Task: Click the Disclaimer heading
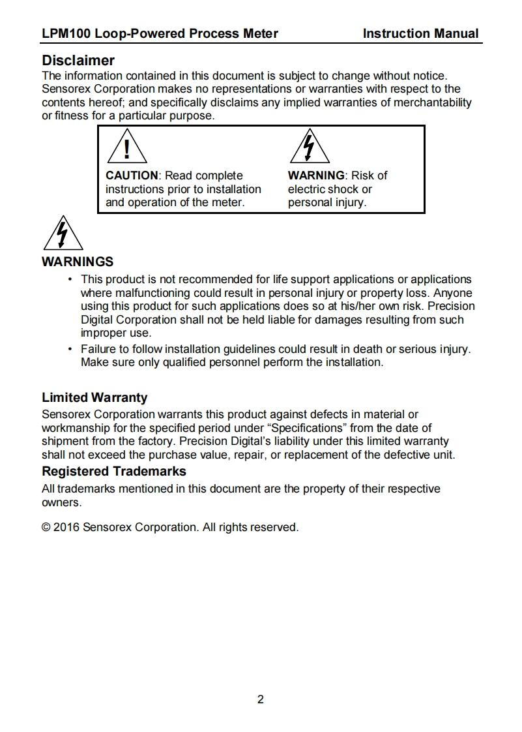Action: pos(78,61)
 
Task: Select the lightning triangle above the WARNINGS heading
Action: pos(63,234)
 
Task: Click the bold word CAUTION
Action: pos(132,175)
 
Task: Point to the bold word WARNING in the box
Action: pos(316,175)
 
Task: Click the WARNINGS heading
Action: pos(78,262)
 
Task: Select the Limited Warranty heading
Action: pos(94,397)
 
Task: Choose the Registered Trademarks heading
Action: pos(114,471)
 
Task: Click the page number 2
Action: pos(261,700)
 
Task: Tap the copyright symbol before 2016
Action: pos(46,527)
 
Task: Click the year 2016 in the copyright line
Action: pos(66,527)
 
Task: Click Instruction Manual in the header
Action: pos(420,34)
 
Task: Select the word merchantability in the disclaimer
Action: pos(429,102)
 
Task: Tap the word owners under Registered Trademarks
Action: pos(61,503)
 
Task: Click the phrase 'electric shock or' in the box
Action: pos(330,189)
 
